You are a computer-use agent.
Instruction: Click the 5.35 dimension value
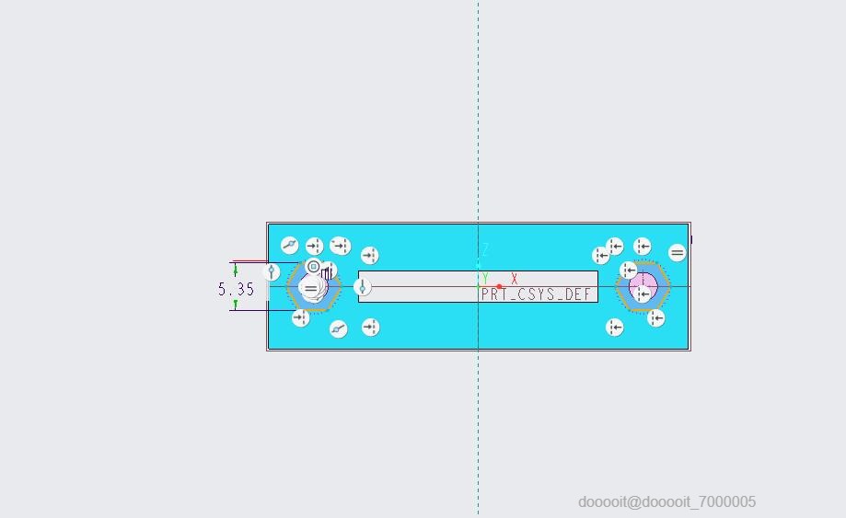[236, 289]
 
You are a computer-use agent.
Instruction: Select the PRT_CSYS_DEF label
[537, 295]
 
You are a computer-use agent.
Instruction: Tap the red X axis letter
[515, 279]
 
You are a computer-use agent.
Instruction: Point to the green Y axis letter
[485, 279]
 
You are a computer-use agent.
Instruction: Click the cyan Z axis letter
[485, 249]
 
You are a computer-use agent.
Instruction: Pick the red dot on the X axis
[499, 287]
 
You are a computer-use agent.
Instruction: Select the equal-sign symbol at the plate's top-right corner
[678, 253]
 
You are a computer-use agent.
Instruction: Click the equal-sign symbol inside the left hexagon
[311, 289]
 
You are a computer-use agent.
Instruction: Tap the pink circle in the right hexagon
[643, 284]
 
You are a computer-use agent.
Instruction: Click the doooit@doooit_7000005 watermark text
[666, 501]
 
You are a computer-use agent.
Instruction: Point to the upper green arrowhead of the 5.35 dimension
[236, 270]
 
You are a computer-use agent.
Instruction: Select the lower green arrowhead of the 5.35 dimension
[236, 305]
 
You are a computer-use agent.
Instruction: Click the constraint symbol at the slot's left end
[363, 287]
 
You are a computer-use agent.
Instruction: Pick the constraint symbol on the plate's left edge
[272, 271]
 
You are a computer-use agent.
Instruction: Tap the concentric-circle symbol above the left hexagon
[313, 267]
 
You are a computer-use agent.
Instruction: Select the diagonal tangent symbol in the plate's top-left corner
[290, 246]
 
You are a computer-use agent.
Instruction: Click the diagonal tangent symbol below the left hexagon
[339, 328]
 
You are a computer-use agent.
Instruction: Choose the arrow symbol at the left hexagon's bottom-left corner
[300, 318]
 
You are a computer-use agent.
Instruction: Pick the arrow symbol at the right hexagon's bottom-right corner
[655, 318]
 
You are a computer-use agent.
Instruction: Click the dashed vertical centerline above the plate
[478, 110]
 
